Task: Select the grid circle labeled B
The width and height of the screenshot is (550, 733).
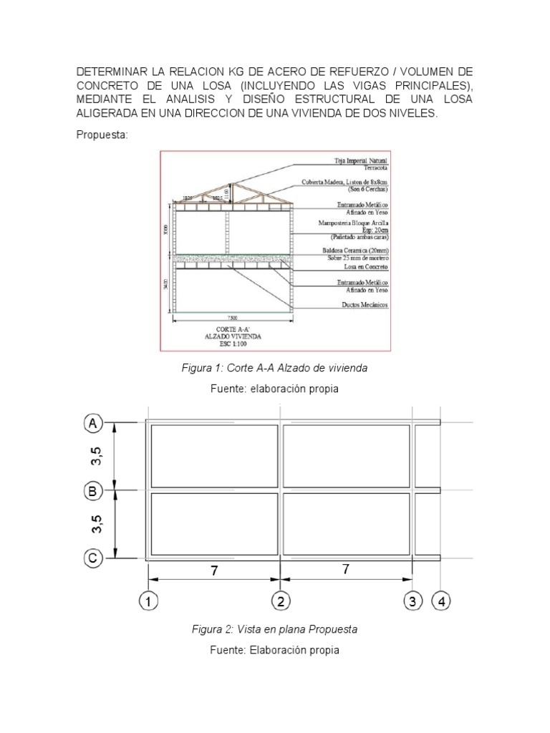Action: point(93,491)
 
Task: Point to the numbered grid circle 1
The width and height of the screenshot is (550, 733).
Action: point(148,602)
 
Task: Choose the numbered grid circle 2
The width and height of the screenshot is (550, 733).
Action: point(280,602)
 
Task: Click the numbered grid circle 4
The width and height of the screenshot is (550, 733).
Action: point(441,602)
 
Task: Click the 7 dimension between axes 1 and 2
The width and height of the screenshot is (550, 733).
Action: point(213,570)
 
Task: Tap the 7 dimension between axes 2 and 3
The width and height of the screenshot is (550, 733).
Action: point(347,570)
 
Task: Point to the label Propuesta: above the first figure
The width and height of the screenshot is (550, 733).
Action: point(102,136)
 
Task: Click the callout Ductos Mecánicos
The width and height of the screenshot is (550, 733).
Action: point(364,305)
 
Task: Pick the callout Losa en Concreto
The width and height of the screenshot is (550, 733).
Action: point(362,266)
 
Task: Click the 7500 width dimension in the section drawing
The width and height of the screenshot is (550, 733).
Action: point(232,317)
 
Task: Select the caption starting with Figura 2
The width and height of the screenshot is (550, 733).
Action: point(274,629)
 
